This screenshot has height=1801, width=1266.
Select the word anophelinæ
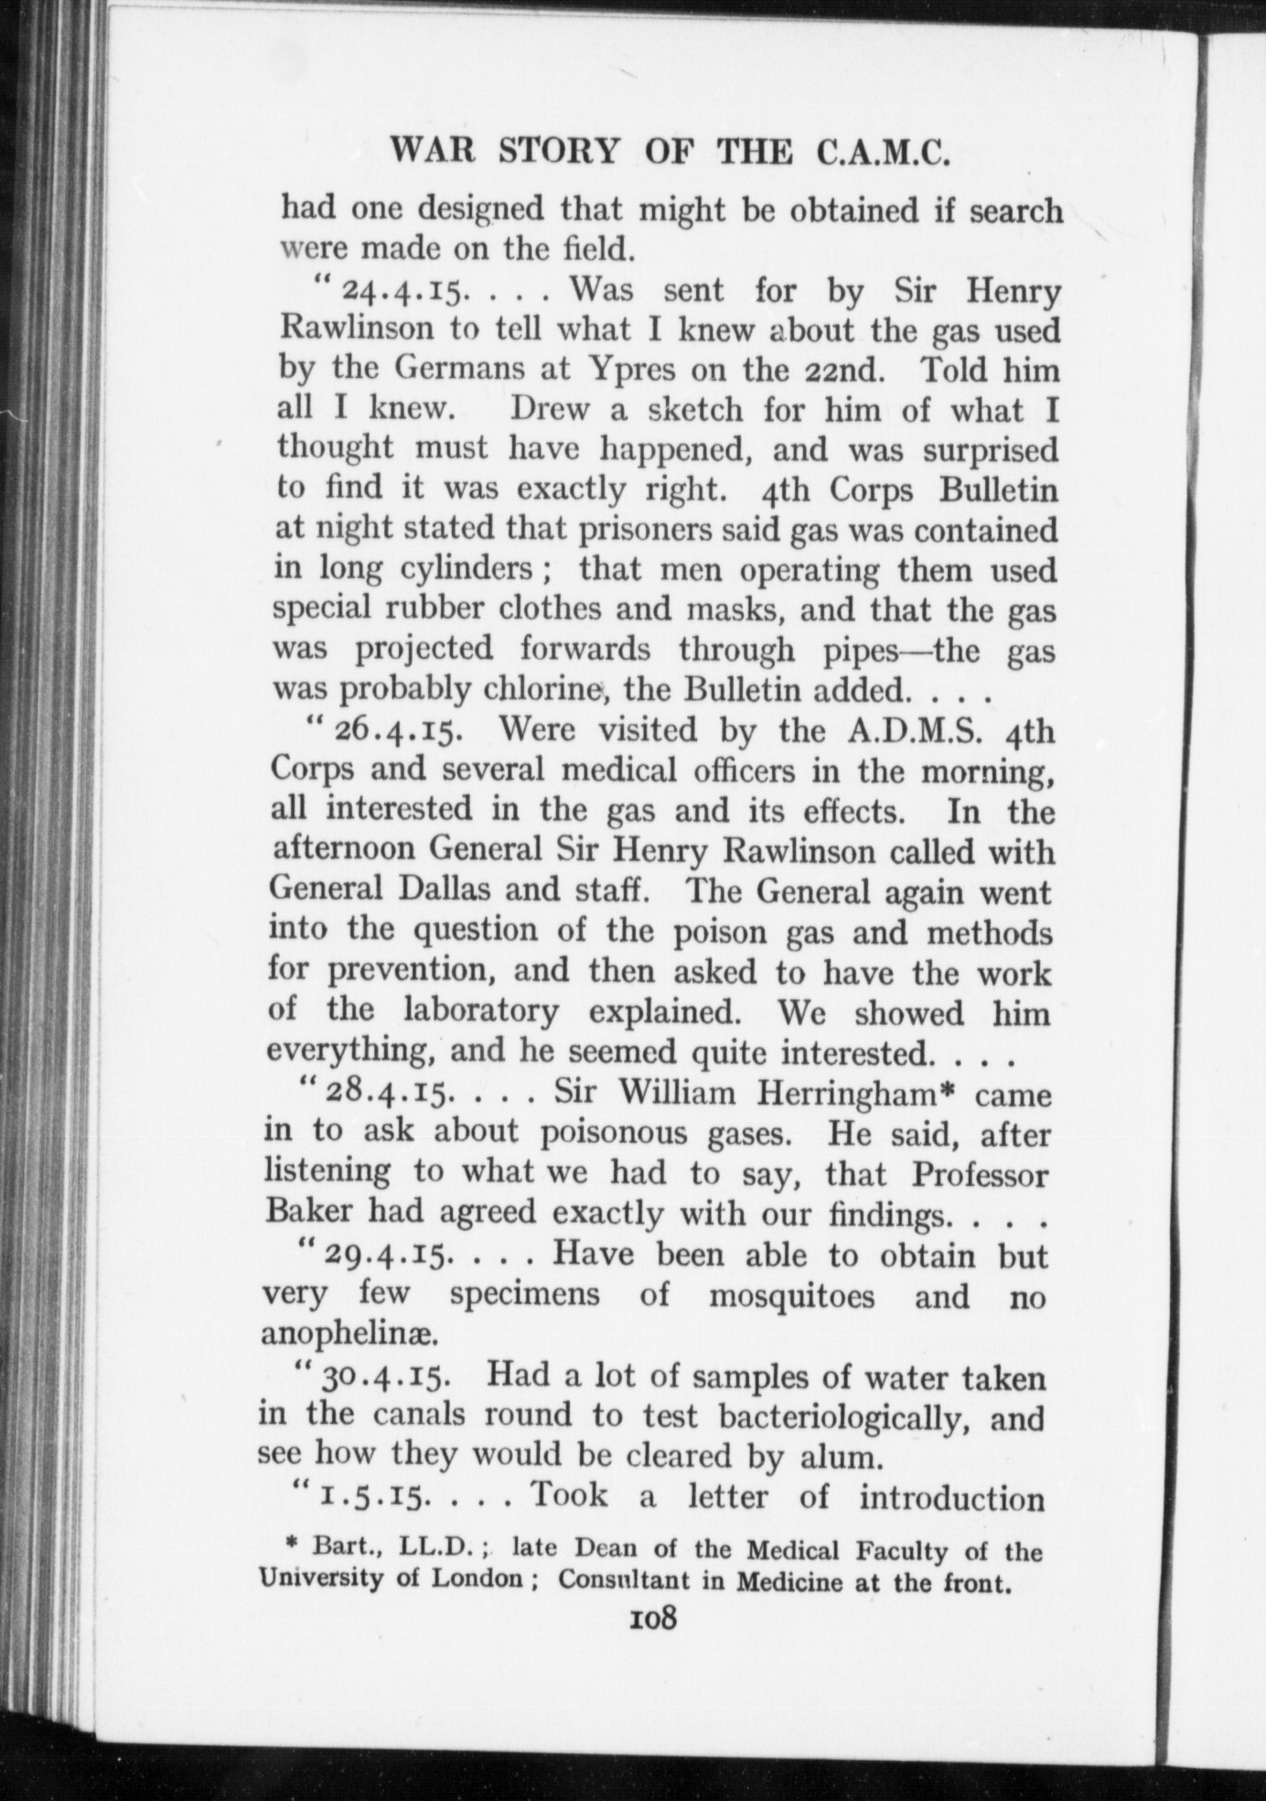[x=350, y=1336]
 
